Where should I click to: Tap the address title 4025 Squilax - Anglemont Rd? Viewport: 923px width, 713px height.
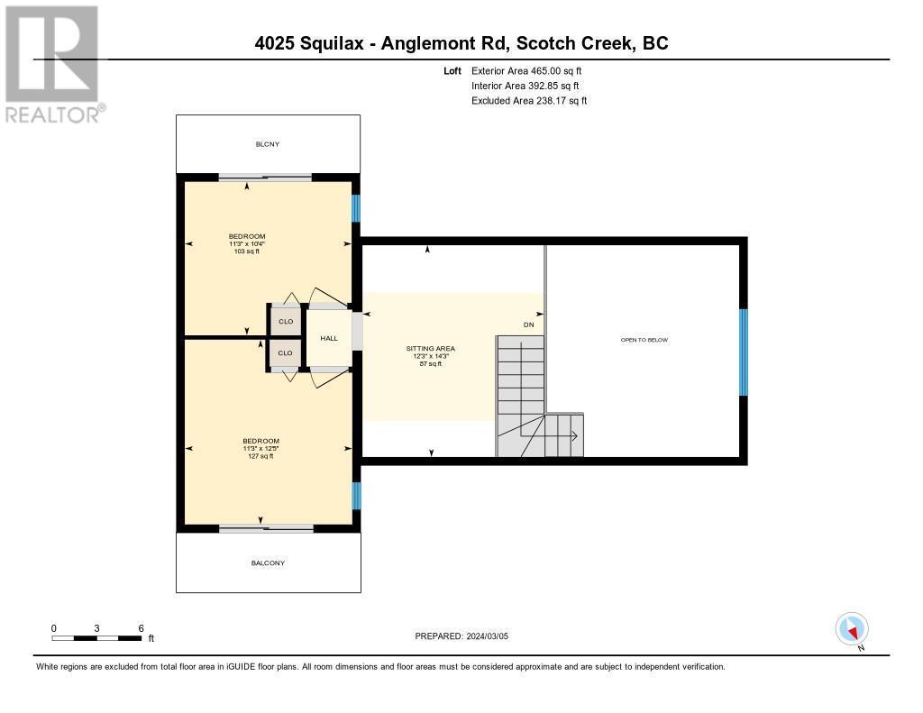tap(461, 43)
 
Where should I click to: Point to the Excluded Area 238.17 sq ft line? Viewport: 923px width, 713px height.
tap(529, 101)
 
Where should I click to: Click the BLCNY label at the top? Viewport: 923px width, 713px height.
tap(268, 143)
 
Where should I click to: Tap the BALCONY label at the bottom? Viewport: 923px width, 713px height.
tap(268, 563)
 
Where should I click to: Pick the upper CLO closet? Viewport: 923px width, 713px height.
tap(286, 321)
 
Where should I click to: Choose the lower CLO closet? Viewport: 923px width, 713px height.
tap(286, 353)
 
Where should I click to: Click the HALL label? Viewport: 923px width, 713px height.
tap(329, 338)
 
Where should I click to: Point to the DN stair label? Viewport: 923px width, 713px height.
tap(528, 325)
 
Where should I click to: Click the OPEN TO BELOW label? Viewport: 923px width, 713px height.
tap(644, 340)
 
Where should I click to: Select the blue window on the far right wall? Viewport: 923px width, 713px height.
tap(743, 352)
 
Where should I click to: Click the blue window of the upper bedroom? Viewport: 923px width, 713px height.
tap(356, 208)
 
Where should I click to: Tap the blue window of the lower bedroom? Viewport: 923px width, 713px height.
tap(356, 496)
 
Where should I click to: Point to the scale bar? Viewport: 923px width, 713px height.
tap(96, 638)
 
